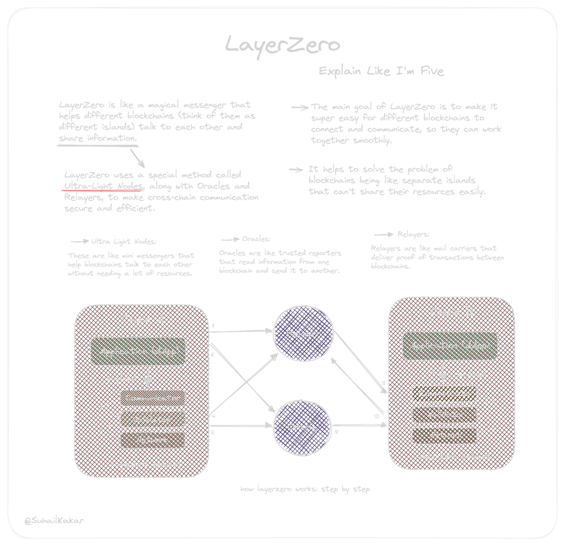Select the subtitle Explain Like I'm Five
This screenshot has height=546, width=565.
(381, 71)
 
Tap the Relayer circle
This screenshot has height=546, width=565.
(303, 334)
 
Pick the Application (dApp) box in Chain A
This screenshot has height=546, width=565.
(138, 351)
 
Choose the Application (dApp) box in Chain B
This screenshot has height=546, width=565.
(450, 346)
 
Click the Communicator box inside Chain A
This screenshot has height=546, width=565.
(152, 398)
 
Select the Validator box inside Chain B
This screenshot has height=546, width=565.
(444, 415)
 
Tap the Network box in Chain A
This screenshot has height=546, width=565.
(152, 440)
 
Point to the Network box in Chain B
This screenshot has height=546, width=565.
(444, 435)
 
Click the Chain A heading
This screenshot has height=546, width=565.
(143, 319)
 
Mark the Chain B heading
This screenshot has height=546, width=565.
(452, 312)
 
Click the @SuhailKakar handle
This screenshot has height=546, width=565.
(54, 520)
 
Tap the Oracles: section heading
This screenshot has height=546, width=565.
(256, 239)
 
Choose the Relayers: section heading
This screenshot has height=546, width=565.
(413, 234)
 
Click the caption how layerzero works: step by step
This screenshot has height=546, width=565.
(305, 489)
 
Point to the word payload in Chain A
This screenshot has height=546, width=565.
(122, 378)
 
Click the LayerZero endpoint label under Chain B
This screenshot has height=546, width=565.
(454, 457)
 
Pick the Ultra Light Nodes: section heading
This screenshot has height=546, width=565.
(124, 242)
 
